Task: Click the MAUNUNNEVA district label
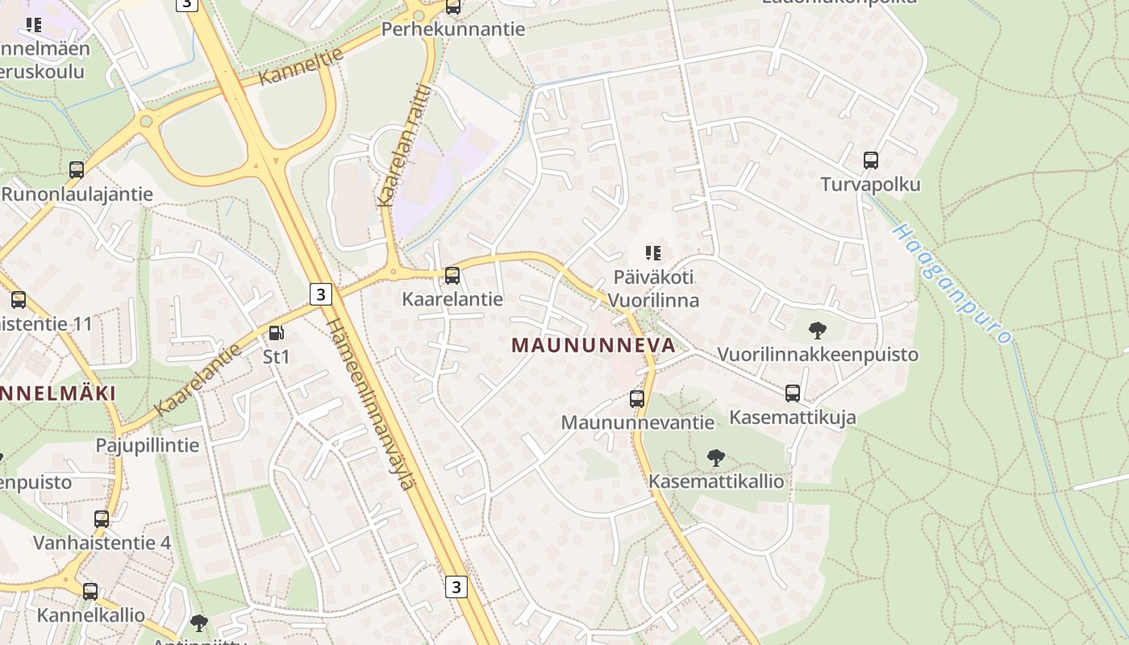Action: [x=593, y=345]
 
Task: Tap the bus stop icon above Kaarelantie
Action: [x=452, y=276]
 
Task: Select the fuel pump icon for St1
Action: [x=276, y=332]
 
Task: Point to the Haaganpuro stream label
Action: [x=952, y=284]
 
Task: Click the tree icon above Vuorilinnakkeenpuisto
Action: [x=817, y=330]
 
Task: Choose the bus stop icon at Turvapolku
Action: [x=870, y=160]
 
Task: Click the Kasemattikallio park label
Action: [x=716, y=481]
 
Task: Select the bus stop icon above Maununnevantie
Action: [x=637, y=398]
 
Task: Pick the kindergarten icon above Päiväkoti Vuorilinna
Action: [x=653, y=253]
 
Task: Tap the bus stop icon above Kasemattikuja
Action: [x=793, y=393]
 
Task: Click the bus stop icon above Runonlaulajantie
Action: [x=77, y=170]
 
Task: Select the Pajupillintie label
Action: [x=147, y=445]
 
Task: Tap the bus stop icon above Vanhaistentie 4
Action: [x=102, y=518]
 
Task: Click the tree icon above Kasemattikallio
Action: [x=715, y=459]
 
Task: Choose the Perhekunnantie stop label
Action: [x=452, y=30]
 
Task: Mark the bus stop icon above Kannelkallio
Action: [x=90, y=591]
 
